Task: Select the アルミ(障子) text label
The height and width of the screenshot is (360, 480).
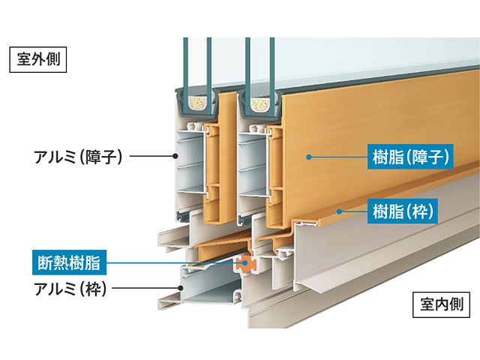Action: tap(78, 156)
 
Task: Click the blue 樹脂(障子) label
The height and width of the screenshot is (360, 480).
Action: tap(410, 157)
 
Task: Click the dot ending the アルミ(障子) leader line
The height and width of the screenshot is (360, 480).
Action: tap(175, 156)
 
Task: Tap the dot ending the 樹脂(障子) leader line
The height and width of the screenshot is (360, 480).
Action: tap(307, 157)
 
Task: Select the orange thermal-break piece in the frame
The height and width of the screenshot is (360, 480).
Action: tap(243, 263)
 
